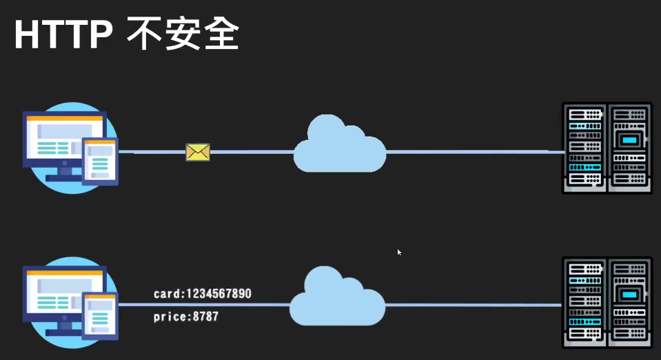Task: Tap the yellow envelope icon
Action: click(198, 152)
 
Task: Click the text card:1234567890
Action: click(202, 294)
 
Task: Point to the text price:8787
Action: click(185, 317)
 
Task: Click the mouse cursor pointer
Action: click(399, 252)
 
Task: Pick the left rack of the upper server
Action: click(584, 148)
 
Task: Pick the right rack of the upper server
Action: click(629, 148)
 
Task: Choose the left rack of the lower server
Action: click(584, 302)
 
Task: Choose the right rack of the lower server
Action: click(629, 302)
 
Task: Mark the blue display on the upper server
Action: click(629, 140)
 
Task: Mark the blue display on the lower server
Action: click(629, 294)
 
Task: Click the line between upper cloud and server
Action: click(476, 151)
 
